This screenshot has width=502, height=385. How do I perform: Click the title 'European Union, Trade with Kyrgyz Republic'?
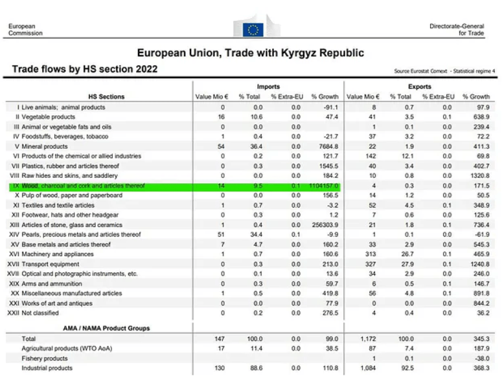point(251,53)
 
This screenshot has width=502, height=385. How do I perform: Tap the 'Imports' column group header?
point(268,86)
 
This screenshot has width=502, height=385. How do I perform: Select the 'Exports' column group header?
point(420,86)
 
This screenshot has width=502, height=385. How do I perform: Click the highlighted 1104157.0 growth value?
point(324,186)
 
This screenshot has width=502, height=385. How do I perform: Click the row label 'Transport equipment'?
point(51,264)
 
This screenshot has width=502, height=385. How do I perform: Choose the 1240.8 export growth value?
point(478,264)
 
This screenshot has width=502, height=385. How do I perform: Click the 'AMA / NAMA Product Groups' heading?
point(106,328)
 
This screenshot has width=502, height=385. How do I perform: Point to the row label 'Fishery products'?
point(44,358)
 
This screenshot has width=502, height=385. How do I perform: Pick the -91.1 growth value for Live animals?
point(330,107)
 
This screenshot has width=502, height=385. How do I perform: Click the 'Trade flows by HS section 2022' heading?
point(85,69)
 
